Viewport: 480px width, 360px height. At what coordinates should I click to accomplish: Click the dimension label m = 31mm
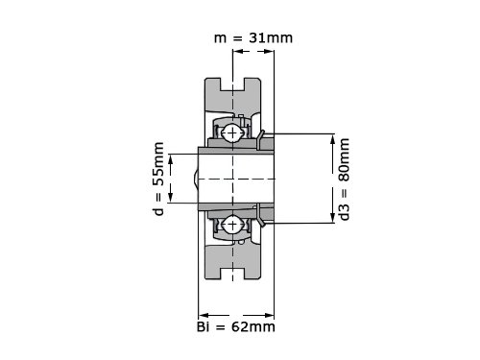pos(253,38)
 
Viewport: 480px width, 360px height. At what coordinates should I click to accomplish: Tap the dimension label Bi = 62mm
pos(236,327)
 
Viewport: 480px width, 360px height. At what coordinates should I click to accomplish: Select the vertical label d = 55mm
pos(158,179)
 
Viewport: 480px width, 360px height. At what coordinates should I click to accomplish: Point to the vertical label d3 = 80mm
pos(345,180)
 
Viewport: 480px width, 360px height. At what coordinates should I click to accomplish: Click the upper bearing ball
pos(232,132)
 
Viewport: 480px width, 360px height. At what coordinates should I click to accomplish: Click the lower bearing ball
pos(232,225)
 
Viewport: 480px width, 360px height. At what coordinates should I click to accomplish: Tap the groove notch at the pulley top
pos(232,84)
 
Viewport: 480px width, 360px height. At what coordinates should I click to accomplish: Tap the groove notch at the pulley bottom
pos(232,274)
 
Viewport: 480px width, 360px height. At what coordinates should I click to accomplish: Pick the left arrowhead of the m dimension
pos(237,51)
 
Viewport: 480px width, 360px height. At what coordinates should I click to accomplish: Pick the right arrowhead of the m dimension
pos(270,51)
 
